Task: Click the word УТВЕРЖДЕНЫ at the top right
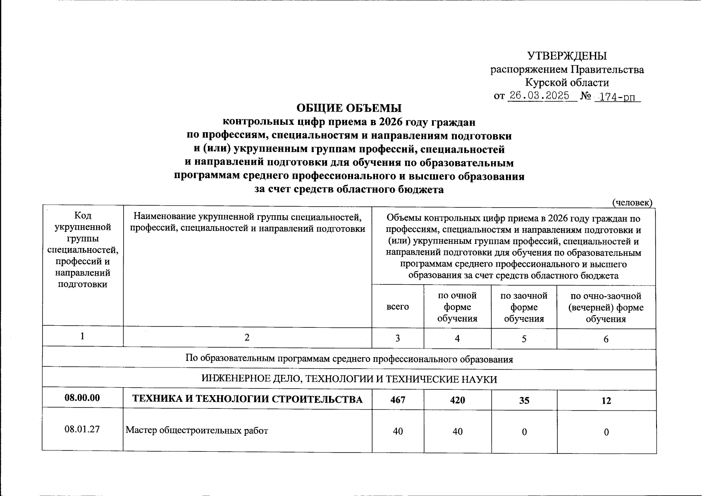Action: [x=567, y=56]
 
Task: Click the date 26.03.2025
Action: [x=539, y=96]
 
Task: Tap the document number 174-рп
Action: [x=617, y=97]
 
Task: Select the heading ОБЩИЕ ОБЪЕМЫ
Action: [x=349, y=108]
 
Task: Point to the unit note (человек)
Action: [x=632, y=202]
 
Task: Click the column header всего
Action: [x=397, y=307]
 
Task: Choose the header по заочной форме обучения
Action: [x=524, y=307]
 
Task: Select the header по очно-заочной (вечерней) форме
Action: [x=606, y=307]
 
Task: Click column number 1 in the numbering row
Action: [x=83, y=337]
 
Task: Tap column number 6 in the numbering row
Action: [x=606, y=339]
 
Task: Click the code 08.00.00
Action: [x=82, y=398]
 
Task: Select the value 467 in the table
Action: [x=398, y=400]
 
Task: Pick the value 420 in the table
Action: [x=457, y=400]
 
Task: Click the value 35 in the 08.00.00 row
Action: [x=524, y=401]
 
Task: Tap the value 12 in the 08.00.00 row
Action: [x=606, y=401]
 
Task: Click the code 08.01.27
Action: [x=82, y=429]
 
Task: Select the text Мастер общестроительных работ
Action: [x=197, y=431]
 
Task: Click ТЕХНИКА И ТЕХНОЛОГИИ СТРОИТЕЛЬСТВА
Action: [x=247, y=399]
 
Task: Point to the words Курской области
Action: [x=567, y=83]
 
